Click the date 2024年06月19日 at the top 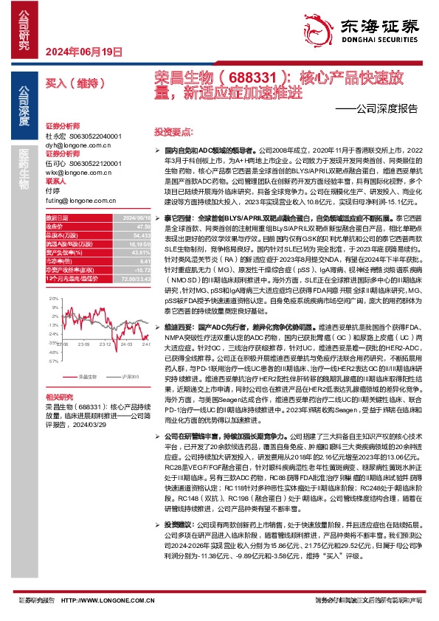pos(83,52)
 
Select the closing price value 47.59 pos(133,227)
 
